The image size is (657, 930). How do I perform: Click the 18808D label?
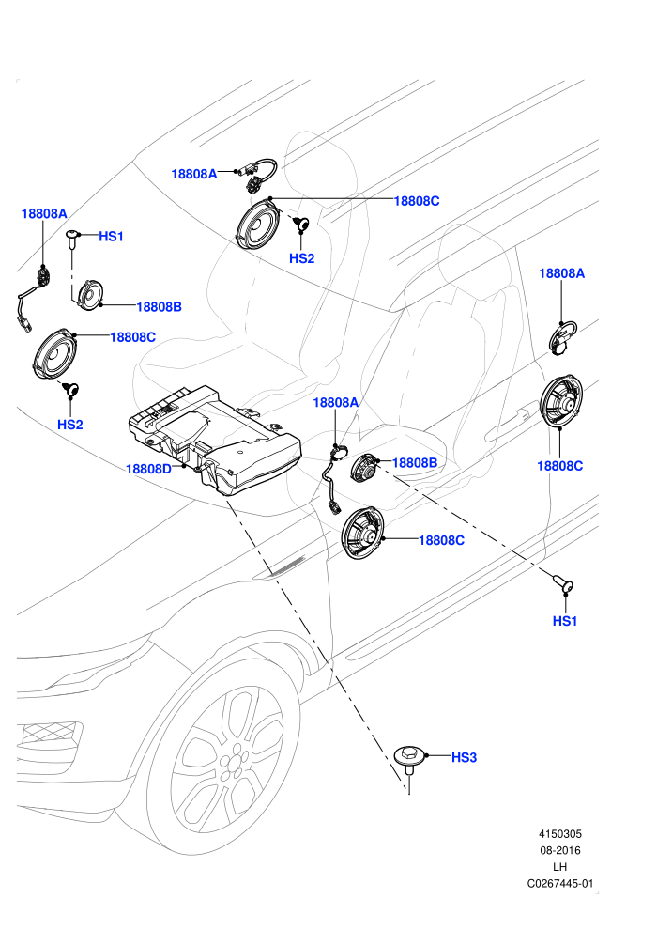[148, 469]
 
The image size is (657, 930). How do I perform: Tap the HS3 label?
[464, 757]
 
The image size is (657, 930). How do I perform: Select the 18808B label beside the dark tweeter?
[415, 462]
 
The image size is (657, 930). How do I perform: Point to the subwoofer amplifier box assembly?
[216, 439]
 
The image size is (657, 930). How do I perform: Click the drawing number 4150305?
[559, 833]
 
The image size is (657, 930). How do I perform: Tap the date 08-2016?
[559, 850]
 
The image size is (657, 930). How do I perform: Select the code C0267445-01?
[559, 883]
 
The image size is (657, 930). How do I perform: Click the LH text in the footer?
[559, 866]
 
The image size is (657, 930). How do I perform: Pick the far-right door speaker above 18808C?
[561, 401]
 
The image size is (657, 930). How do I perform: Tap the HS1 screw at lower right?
[563, 584]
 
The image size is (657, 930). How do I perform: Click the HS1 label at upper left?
[111, 236]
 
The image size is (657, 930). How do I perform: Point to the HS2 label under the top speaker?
[301, 258]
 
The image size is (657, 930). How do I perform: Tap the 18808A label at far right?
[561, 272]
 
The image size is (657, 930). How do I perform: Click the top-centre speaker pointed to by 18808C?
[258, 225]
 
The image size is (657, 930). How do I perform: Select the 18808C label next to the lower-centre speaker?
[441, 540]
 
